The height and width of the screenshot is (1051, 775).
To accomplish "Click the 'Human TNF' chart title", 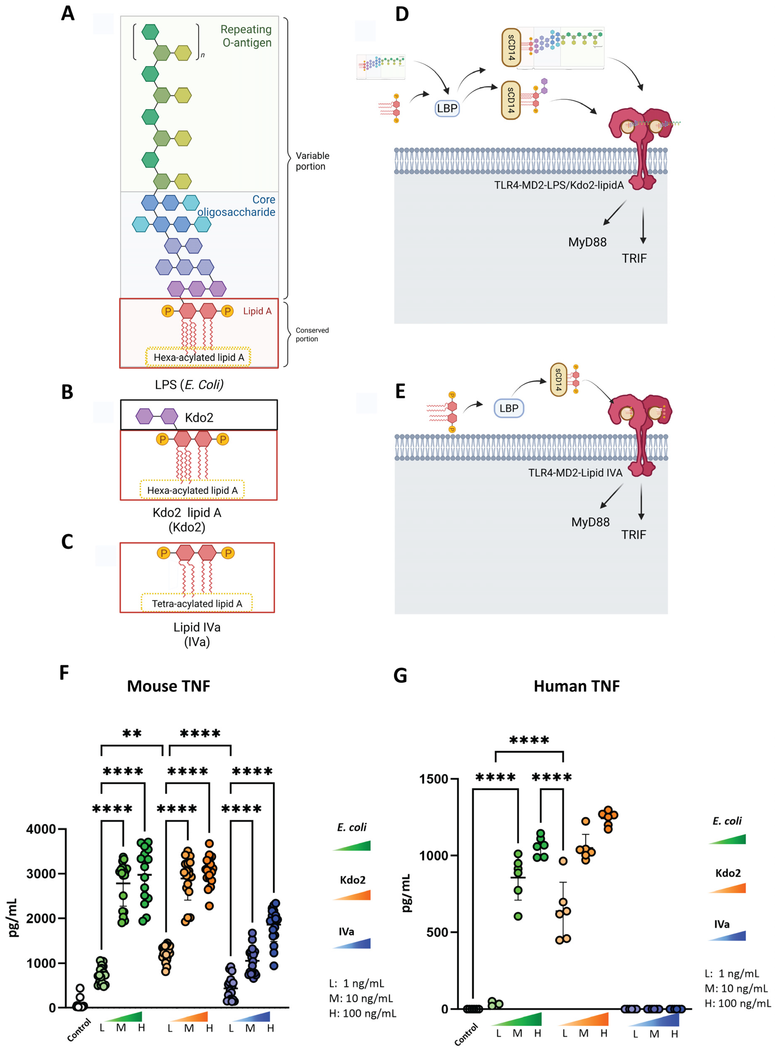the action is tap(577, 686).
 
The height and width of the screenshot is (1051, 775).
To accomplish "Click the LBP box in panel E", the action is tap(508, 408).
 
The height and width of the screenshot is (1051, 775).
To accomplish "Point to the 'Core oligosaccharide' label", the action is tap(236, 206).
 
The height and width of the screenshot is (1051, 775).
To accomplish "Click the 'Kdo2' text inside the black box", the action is tap(199, 417).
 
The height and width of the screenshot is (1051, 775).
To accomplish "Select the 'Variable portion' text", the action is tap(312, 161).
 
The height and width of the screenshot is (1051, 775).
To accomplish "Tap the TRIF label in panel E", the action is tap(634, 535).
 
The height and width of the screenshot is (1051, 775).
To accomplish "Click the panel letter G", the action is tap(400, 675).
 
